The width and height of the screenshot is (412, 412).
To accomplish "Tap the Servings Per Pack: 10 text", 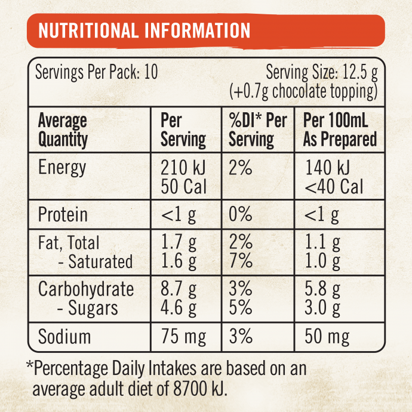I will [97, 73].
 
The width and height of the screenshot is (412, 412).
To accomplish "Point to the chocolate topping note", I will [304, 91].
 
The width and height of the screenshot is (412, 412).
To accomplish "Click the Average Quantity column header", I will [63, 130].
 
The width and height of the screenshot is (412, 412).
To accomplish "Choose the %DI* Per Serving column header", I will [258, 130].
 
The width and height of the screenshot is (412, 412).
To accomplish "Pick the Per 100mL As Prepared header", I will [340, 130].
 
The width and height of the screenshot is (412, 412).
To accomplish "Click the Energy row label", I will [62, 168].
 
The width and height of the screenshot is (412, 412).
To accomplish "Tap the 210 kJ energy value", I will [183, 168].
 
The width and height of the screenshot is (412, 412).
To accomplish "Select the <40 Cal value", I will [334, 187].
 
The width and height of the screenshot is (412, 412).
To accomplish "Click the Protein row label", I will [63, 215].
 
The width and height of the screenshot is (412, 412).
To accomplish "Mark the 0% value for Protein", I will [241, 215].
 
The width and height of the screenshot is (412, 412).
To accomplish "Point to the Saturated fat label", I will [95, 262].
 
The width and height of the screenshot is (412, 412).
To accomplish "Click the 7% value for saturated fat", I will [241, 262].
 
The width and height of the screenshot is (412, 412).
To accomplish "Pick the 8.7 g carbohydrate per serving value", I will [179, 290].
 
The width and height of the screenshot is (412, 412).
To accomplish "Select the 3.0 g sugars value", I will [322, 309].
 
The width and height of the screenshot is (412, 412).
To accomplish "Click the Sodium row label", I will [64, 337].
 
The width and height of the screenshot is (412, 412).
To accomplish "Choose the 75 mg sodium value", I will [183, 337].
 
